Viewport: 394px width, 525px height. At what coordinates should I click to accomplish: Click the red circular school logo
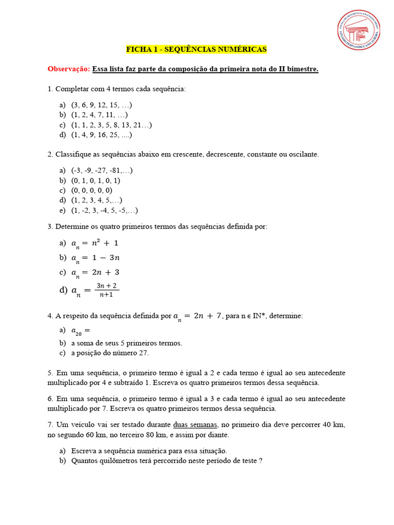[x=359, y=30]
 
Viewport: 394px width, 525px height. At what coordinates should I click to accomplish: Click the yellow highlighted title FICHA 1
[x=196, y=49]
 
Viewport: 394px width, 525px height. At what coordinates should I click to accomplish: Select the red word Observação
[x=69, y=69]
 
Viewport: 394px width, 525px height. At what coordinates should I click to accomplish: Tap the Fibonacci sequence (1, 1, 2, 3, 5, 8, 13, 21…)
[x=112, y=125]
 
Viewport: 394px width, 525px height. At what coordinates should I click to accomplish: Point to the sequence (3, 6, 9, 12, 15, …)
[x=102, y=105]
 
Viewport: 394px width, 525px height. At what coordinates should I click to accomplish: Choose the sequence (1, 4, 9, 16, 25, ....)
[x=102, y=135]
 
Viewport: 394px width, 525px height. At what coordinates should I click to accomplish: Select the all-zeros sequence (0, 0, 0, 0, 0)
[x=92, y=190]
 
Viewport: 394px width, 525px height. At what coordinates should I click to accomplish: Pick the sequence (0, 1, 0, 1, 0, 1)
[x=96, y=180]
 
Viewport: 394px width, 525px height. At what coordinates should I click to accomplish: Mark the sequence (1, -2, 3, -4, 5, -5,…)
[x=105, y=210]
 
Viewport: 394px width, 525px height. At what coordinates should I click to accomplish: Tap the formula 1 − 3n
[x=102, y=257]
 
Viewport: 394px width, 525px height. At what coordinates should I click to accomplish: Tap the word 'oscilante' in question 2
[x=303, y=154]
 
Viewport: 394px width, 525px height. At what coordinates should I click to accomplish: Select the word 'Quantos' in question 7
[x=84, y=460]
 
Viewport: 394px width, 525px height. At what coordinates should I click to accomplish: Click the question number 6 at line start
[x=50, y=398]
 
